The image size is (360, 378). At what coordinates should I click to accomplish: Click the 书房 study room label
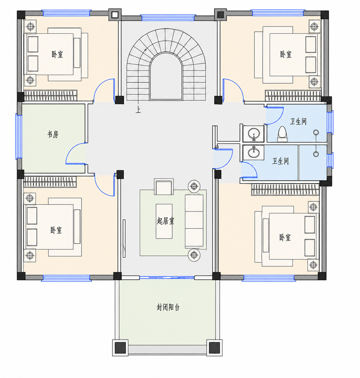coord(53,134)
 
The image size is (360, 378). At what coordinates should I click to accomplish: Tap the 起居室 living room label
coord(166,221)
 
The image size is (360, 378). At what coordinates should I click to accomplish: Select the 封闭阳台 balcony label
coord(168,307)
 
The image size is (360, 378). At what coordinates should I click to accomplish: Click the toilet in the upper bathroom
coord(282,134)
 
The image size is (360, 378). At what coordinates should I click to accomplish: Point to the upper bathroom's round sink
coord(254,133)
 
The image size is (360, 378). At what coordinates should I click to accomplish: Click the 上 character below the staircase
coord(138,110)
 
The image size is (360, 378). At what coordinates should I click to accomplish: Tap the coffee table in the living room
coord(164,221)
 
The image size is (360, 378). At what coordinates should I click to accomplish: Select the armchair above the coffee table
coord(164,187)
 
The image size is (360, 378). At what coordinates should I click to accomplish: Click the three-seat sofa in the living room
coord(194,221)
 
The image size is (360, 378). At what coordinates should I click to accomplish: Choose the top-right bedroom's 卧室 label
coord(286,55)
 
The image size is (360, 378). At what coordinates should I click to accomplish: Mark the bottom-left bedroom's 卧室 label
coord(56,230)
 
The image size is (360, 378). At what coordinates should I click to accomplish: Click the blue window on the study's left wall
coord(19,136)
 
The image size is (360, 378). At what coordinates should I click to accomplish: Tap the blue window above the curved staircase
coord(168,18)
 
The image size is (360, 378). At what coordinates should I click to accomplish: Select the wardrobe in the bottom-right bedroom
coord(285,190)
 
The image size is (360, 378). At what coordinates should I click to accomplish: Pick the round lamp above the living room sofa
coord(194,186)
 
